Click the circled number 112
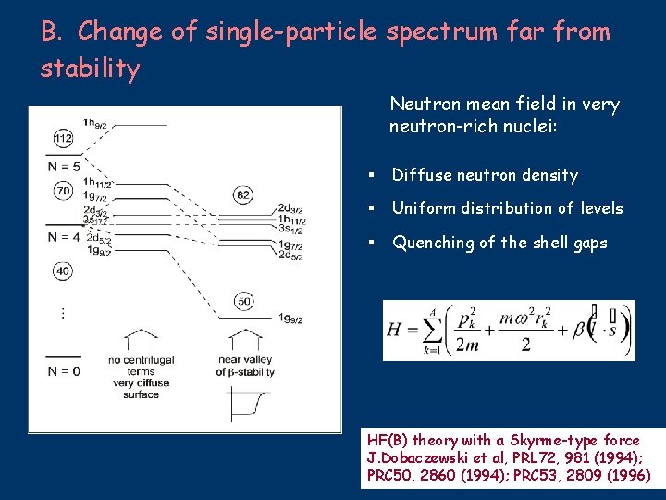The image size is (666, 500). pyautogui.click(x=63, y=139)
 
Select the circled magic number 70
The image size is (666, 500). pyautogui.click(x=63, y=192)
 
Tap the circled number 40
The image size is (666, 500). pyautogui.click(x=63, y=271)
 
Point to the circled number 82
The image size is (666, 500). pyautogui.click(x=242, y=194)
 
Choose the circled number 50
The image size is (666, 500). pyautogui.click(x=242, y=302)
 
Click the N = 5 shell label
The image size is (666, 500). pyautogui.click(x=64, y=167)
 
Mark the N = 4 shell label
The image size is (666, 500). pyautogui.click(x=64, y=236)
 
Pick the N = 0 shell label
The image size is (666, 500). pyautogui.click(x=64, y=370)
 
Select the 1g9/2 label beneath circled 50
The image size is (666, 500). pyautogui.click(x=290, y=318)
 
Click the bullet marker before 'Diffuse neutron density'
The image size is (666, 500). pyautogui.click(x=369, y=175)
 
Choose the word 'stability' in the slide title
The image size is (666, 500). pyautogui.click(x=90, y=69)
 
